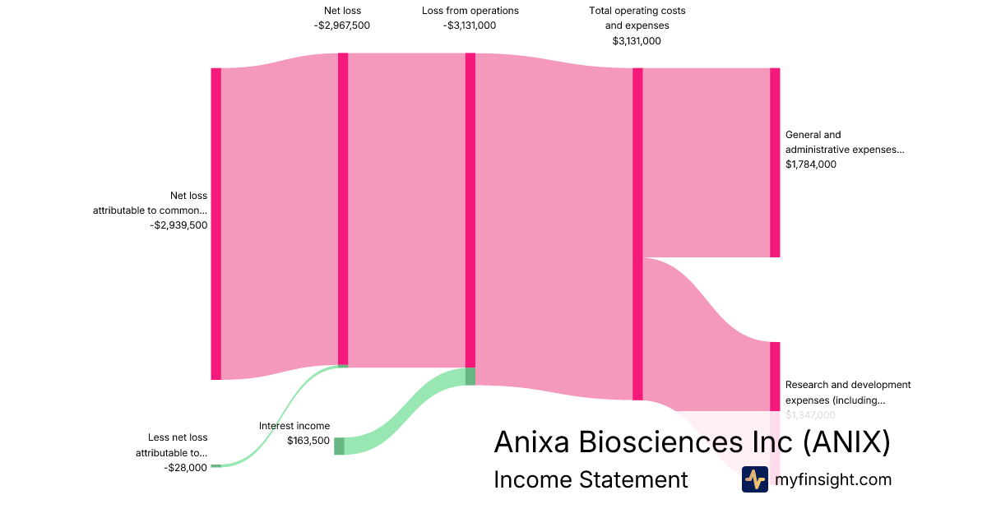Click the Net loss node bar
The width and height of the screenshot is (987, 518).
(x=343, y=210)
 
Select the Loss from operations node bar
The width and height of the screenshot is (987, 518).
(x=470, y=210)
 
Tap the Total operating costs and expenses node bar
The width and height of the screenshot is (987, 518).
(x=637, y=234)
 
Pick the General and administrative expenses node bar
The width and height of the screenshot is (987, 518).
(x=775, y=163)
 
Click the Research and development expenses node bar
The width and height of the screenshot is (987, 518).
(x=775, y=376)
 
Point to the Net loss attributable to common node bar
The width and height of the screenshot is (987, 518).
(x=216, y=224)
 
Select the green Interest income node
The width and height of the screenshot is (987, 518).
(x=339, y=446)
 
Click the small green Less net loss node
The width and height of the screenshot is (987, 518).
(x=216, y=465)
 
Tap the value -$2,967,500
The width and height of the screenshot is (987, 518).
(x=342, y=25)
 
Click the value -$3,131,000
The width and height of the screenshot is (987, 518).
(x=470, y=25)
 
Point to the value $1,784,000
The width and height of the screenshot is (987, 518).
(x=811, y=164)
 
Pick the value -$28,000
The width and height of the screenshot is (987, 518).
(x=185, y=468)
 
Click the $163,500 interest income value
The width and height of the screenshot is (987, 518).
(x=308, y=441)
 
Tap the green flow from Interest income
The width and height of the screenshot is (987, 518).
(x=403, y=411)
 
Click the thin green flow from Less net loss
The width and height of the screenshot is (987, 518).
(x=280, y=415)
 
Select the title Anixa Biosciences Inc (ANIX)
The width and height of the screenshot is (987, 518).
(x=692, y=442)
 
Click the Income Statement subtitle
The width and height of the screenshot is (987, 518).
(x=591, y=479)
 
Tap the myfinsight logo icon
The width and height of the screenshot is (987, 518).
(x=754, y=479)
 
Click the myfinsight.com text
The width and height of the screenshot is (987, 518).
(x=833, y=479)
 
